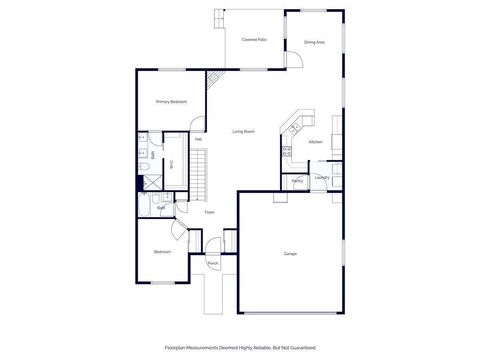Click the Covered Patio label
(x=254, y=40)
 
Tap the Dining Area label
(x=313, y=42)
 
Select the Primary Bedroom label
(x=171, y=102)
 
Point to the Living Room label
(x=243, y=131)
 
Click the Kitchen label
(x=314, y=142)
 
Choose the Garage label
(x=290, y=253)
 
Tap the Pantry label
(x=298, y=181)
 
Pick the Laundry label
(x=321, y=177)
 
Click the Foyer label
(x=210, y=212)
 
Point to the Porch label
(x=213, y=263)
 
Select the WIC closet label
(x=171, y=163)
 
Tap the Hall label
(x=199, y=139)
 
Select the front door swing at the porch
(x=213, y=251)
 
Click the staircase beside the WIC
(x=203, y=173)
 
